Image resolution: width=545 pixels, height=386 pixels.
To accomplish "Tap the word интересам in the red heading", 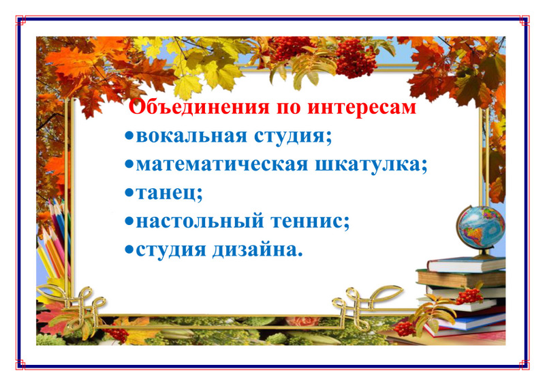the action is click(x=362, y=107).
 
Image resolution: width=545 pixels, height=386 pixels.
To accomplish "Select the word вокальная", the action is click(x=191, y=136).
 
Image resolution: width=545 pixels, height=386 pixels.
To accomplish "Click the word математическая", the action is click(x=222, y=164).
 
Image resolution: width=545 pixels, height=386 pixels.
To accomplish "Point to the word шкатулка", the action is click(x=367, y=164).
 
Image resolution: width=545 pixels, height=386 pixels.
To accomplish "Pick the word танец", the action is click(x=166, y=193).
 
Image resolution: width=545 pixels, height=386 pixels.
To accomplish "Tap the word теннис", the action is click(x=307, y=222).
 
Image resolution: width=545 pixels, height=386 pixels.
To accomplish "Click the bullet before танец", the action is click(x=129, y=193).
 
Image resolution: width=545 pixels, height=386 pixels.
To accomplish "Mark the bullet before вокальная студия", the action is click(x=129, y=136).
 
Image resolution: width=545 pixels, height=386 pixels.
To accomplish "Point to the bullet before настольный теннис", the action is click(x=129, y=222).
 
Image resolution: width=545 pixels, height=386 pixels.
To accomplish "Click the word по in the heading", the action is click(x=288, y=108).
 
